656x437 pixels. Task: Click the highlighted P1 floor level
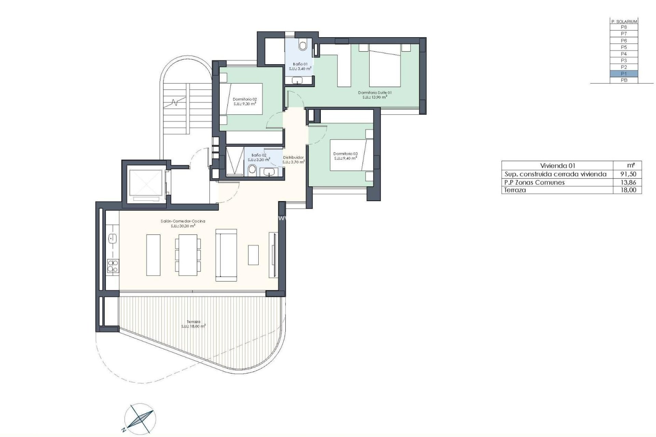[624, 74]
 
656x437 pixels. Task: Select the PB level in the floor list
[624, 80]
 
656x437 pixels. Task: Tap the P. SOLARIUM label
[624, 21]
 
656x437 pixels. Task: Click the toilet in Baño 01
[303, 46]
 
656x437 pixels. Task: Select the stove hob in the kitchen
[113, 266]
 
